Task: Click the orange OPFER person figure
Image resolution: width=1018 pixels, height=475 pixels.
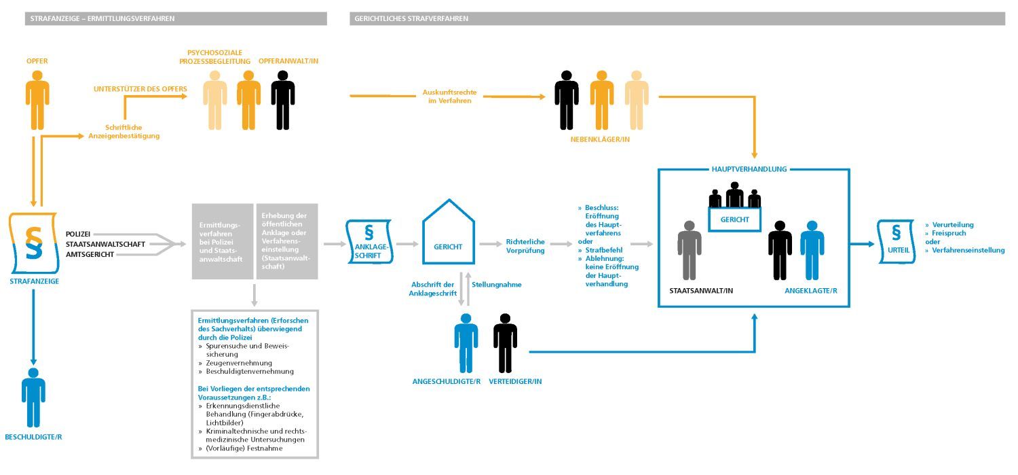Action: tap(37, 100)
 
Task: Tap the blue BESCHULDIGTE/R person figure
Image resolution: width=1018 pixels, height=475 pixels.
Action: tap(33, 398)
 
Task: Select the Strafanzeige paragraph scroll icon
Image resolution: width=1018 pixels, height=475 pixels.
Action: tap(34, 243)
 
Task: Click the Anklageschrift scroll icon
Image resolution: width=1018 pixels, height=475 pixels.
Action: tap(369, 242)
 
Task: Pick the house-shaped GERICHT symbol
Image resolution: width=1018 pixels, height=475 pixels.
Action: tap(449, 232)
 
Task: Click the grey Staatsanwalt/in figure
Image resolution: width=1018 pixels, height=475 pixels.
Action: tap(690, 250)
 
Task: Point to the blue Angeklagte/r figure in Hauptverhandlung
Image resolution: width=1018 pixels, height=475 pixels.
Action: tap(812, 250)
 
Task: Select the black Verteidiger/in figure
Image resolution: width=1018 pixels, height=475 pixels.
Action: tap(505, 343)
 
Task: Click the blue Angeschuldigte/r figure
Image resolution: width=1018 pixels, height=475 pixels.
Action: tap(466, 343)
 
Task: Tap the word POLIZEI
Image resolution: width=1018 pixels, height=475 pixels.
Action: tap(78, 234)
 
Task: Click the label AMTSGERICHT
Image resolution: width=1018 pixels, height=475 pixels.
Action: tap(90, 254)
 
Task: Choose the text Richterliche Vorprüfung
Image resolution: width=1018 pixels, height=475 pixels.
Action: tap(525, 246)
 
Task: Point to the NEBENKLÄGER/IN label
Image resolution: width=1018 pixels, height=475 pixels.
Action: tap(600, 140)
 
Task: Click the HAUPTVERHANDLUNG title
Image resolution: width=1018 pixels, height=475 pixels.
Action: tap(749, 169)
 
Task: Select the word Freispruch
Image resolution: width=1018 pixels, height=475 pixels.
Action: tap(949, 233)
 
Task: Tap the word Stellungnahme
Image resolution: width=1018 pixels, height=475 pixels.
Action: tap(496, 285)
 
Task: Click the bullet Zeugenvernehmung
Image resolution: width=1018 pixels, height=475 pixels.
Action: tap(239, 363)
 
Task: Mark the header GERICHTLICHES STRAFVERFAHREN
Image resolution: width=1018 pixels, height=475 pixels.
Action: tap(411, 18)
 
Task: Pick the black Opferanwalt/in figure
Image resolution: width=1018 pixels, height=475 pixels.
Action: tap(283, 100)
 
